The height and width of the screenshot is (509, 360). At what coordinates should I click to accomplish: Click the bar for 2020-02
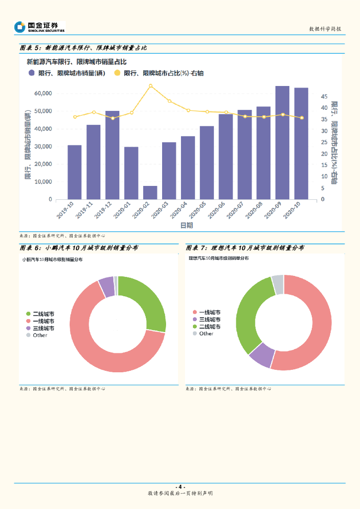tap(150, 193)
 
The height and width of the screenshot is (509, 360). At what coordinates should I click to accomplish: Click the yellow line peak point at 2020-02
tap(151, 85)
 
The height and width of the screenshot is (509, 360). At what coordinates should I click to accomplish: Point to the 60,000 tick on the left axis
tap(43, 93)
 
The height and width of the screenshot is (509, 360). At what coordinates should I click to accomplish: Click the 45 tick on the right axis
tap(324, 96)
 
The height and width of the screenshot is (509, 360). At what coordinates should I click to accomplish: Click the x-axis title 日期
tap(187, 225)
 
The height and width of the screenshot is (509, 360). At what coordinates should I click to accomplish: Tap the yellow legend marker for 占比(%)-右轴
tap(117, 73)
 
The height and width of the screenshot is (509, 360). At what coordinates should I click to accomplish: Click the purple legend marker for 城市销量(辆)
tap(32, 73)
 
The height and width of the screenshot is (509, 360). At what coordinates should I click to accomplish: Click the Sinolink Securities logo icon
tap(20, 27)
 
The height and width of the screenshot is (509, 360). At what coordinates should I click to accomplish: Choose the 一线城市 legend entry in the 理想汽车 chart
tap(209, 312)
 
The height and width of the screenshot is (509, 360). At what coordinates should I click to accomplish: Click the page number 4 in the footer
tap(180, 486)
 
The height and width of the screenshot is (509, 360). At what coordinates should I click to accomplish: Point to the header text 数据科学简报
tap(325, 29)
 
